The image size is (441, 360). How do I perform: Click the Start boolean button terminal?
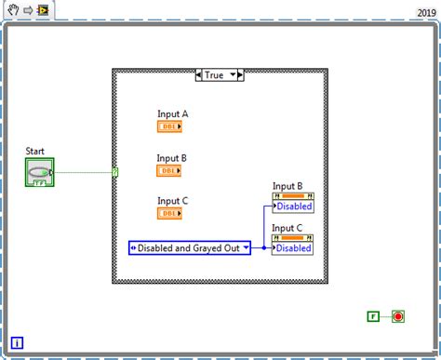pyautogui.click(x=39, y=172)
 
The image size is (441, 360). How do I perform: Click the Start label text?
pyautogui.click(x=35, y=151)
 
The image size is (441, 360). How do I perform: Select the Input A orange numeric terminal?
pyautogui.click(x=169, y=127)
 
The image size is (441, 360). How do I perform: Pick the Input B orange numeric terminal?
pyautogui.click(x=169, y=171)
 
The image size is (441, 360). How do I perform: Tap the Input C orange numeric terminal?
pyautogui.click(x=169, y=214)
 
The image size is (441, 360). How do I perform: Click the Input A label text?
pyautogui.click(x=173, y=114)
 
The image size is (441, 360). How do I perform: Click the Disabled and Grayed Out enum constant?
pyautogui.click(x=190, y=248)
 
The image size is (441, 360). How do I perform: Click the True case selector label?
pyautogui.click(x=216, y=73)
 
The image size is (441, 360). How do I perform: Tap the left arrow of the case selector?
pyautogui.click(x=198, y=73)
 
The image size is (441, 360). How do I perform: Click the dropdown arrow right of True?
pyautogui.click(x=234, y=73)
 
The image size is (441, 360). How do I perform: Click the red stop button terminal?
pyautogui.click(x=398, y=317)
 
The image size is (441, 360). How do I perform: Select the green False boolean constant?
pyautogui.click(x=373, y=317)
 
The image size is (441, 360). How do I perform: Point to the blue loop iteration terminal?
pyautogui.click(x=18, y=343)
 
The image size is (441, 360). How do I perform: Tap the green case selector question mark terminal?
pyautogui.click(x=114, y=172)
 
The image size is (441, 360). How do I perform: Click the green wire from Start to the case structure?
pyautogui.click(x=84, y=172)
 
